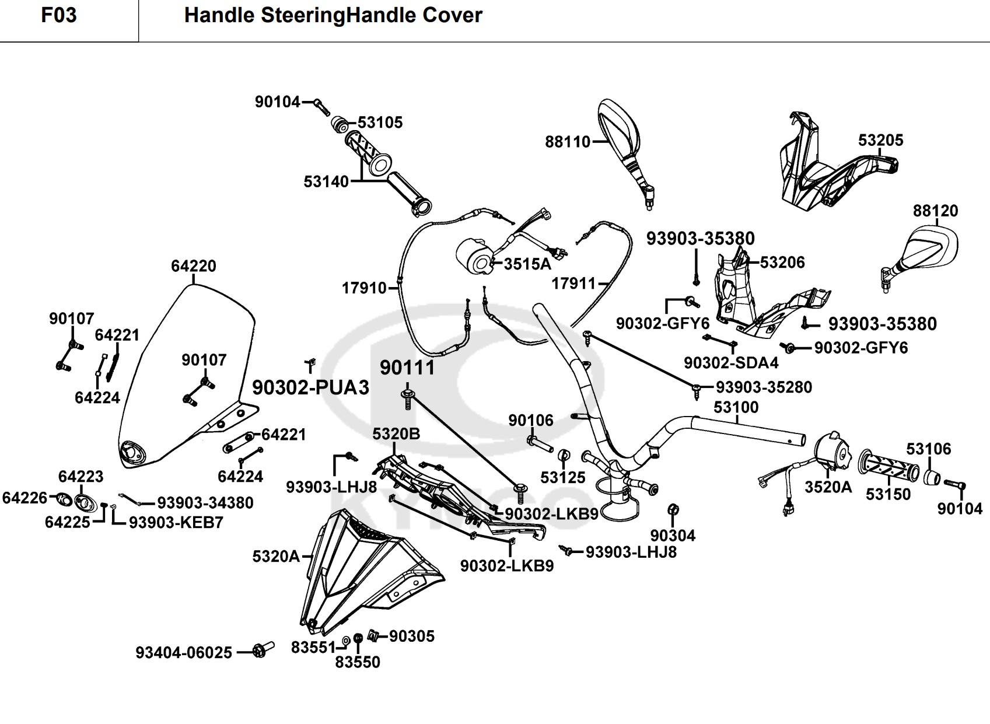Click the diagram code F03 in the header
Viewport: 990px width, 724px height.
[58, 15]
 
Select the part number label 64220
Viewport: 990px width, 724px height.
[193, 266]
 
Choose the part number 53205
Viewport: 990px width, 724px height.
[880, 140]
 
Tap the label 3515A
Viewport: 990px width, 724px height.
[527, 264]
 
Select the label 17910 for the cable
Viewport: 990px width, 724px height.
[364, 288]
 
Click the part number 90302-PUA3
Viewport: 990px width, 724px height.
[310, 387]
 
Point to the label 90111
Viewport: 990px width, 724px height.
[407, 368]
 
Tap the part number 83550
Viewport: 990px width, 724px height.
[358, 662]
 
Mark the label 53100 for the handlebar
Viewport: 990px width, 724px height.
[736, 407]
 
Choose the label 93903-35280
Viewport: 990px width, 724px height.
[764, 387]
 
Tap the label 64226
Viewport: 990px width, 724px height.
[25, 498]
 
